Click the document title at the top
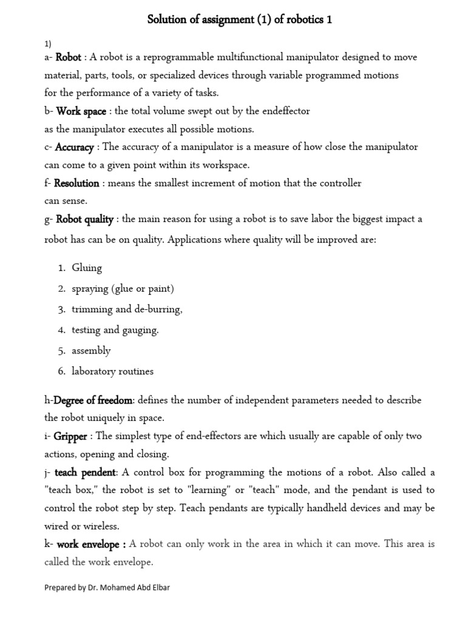pos(240,21)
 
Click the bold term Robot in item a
pos(68,58)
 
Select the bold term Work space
pos(81,112)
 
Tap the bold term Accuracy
pos(74,147)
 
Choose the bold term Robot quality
pos(84,220)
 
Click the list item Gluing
pos(87,268)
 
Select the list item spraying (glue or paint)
pos(123,289)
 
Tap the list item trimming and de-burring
pos(127,309)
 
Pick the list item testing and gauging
pos(115,330)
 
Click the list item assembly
pos(91,351)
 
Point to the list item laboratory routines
pos(112,371)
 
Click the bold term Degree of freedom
pos(93,400)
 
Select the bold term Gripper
pos(70,437)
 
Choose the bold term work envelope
pos(89,545)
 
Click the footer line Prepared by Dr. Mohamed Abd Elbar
pos(107,588)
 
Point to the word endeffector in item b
pos(285,112)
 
